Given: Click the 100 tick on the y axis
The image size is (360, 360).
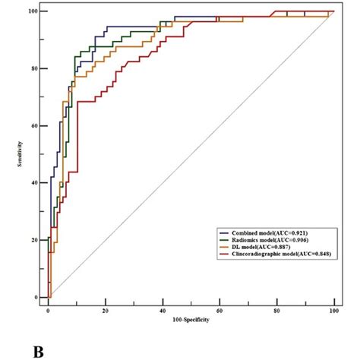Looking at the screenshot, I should [x=34, y=11].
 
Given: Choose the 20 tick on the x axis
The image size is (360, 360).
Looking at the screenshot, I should [x=106, y=311].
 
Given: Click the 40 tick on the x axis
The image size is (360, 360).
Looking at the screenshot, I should [x=163, y=311].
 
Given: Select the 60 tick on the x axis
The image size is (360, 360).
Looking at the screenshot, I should [x=219, y=311].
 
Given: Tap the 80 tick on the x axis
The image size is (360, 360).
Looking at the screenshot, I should [x=276, y=311].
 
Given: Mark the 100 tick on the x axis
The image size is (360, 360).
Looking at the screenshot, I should [x=333, y=311].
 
